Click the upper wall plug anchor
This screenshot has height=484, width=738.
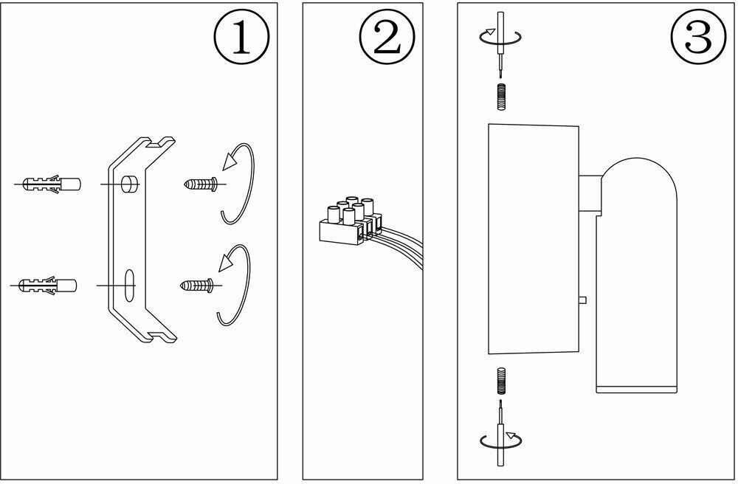(49, 184)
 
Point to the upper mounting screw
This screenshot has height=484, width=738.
(199, 184)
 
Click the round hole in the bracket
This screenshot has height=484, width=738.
(130, 183)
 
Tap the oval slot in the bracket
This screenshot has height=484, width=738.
(129, 283)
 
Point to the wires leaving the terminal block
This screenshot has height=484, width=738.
(402, 247)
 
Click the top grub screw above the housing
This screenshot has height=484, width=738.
(500, 96)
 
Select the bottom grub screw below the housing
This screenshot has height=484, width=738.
(501, 379)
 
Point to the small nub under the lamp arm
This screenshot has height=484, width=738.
(583, 300)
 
